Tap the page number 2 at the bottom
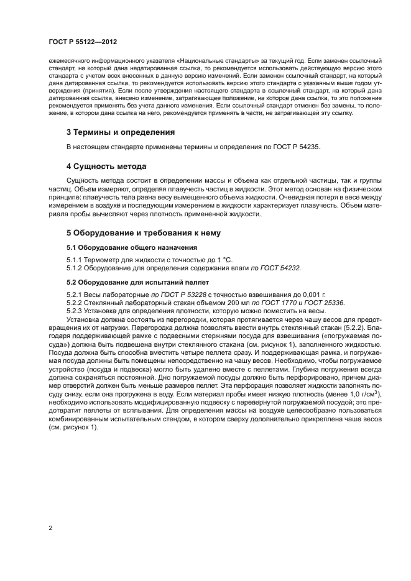point(50,528)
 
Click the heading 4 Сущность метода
point(106,167)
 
